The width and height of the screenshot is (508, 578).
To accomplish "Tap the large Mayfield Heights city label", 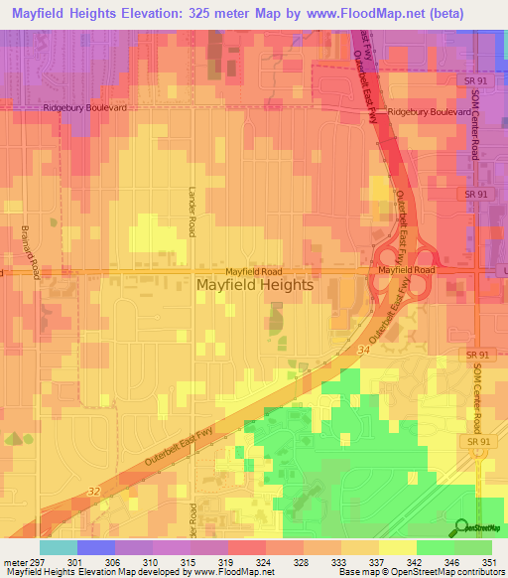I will [x=255, y=285].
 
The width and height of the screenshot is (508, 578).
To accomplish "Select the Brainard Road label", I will [x=30, y=251].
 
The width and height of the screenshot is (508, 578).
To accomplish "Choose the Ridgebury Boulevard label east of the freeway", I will [x=429, y=112].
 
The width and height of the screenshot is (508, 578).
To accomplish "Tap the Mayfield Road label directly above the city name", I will [x=253, y=270].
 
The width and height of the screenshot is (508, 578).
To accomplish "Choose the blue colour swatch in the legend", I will [x=95, y=546].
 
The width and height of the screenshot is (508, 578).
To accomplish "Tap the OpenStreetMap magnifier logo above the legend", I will [x=461, y=527].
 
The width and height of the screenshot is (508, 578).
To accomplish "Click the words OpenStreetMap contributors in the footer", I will [x=453, y=572].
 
